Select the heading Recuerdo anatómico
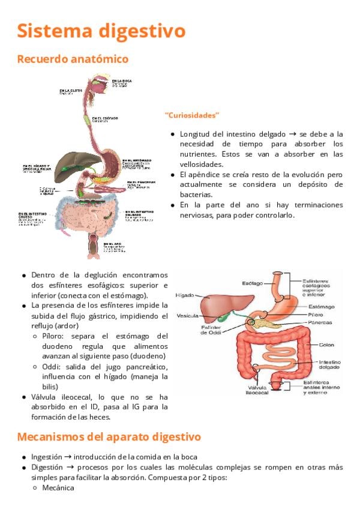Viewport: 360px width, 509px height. tap(73, 59)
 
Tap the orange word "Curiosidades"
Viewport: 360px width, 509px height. tap(192, 115)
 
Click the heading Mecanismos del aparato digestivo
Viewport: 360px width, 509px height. tap(109, 436)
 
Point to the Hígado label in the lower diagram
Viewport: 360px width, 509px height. tap(184, 295)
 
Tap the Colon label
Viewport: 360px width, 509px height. tap(326, 345)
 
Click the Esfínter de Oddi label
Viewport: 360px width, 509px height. tap(212, 331)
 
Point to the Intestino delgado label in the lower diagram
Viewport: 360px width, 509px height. tap(329, 365)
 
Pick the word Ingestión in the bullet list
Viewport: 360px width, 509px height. tap(48, 457)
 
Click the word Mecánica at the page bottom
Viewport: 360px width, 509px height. tap(58, 488)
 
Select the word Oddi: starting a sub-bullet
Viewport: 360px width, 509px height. tap(53, 367)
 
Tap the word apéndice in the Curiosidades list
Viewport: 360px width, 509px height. tap(206, 174)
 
